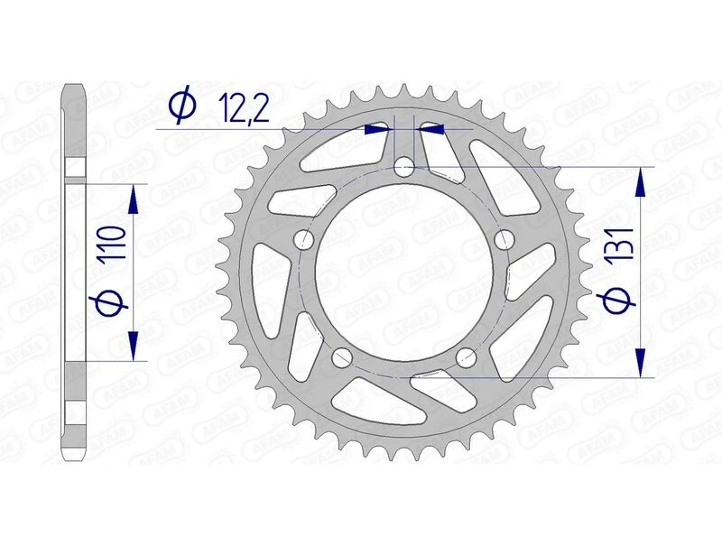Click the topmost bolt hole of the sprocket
405,167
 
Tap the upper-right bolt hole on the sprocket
504,239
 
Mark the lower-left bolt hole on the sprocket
342,357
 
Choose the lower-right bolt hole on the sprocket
467,357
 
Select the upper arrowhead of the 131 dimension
642,182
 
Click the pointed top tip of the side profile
75,86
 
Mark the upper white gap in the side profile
75,171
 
